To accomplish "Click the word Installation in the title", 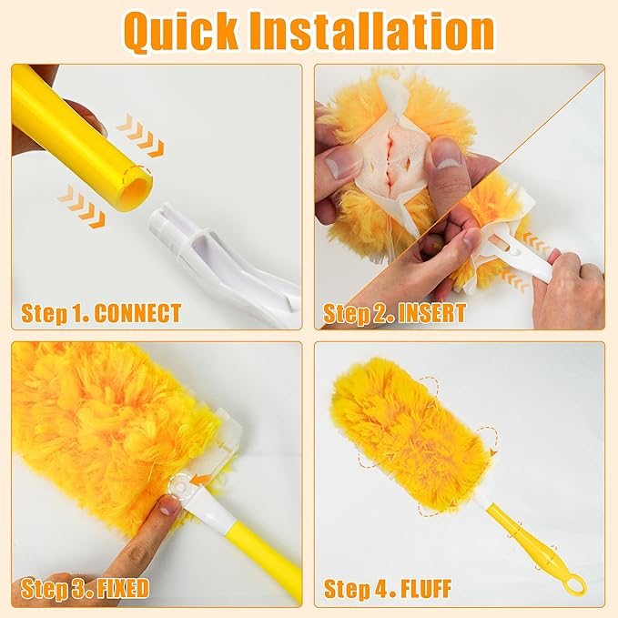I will [382, 32].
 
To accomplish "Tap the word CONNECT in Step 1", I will [137, 315].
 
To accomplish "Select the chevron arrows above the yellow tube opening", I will [141, 135].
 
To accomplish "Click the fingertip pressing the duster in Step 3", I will [166, 506].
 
